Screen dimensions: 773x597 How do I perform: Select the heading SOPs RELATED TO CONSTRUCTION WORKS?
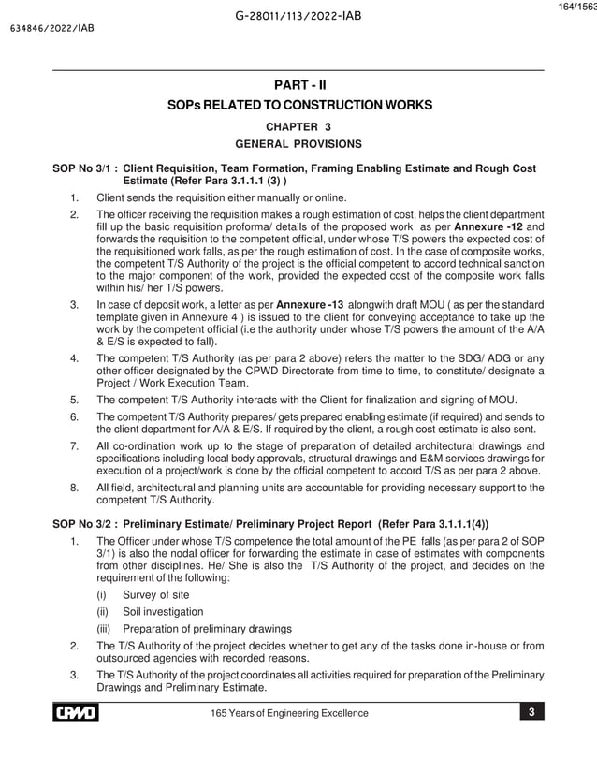click(x=298, y=106)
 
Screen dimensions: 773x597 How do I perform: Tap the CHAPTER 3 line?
click(x=298, y=126)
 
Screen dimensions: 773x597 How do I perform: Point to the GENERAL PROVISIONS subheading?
click(x=298, y=144)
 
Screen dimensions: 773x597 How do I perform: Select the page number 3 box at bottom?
click(x=531, y=713)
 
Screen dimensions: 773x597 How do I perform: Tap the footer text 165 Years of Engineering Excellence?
click(x=292, y=714)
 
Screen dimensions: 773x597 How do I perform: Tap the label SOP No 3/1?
click(x=84, y=168)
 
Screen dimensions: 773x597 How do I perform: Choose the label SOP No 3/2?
click(x=84, y=524)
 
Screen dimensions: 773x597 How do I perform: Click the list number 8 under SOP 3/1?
click(x=74, y=487)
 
